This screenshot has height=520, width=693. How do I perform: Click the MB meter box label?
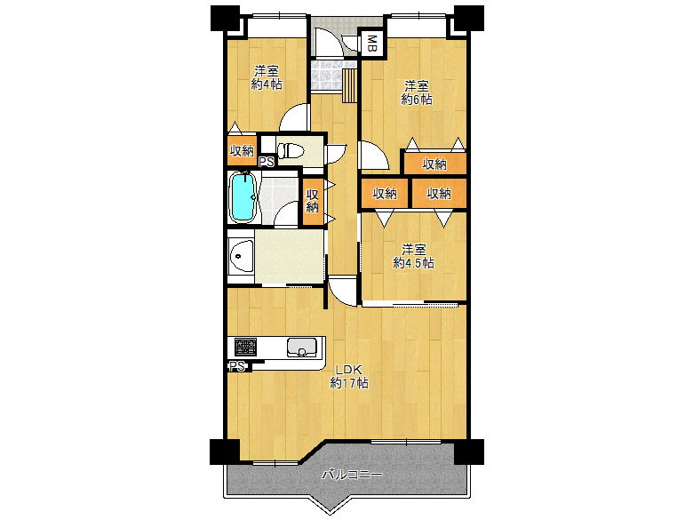[372, 43]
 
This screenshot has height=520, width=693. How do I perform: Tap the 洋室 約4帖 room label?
[267, 77]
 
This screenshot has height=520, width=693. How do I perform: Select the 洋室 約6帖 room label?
[417, 92]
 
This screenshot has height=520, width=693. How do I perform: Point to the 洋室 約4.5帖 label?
[414, 256]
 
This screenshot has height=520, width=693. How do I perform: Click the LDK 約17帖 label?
[349, 376]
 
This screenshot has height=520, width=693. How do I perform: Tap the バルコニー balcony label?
[352, 475]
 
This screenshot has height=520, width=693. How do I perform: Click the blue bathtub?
[243, 196]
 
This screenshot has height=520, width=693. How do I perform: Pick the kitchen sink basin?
[302, 347]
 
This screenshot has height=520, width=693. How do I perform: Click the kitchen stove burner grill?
[245, 347]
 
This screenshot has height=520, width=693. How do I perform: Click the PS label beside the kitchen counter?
[237, 366]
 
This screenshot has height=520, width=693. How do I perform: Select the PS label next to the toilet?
[266, 163]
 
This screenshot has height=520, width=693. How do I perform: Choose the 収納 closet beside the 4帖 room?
[242, 150]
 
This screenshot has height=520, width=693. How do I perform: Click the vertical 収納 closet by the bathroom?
[313, 201]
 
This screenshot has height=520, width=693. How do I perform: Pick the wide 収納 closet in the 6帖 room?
[434, 164]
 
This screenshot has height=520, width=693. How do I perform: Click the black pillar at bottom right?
[469, 452]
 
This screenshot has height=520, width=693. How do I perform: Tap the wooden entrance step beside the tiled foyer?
[349, 85]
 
